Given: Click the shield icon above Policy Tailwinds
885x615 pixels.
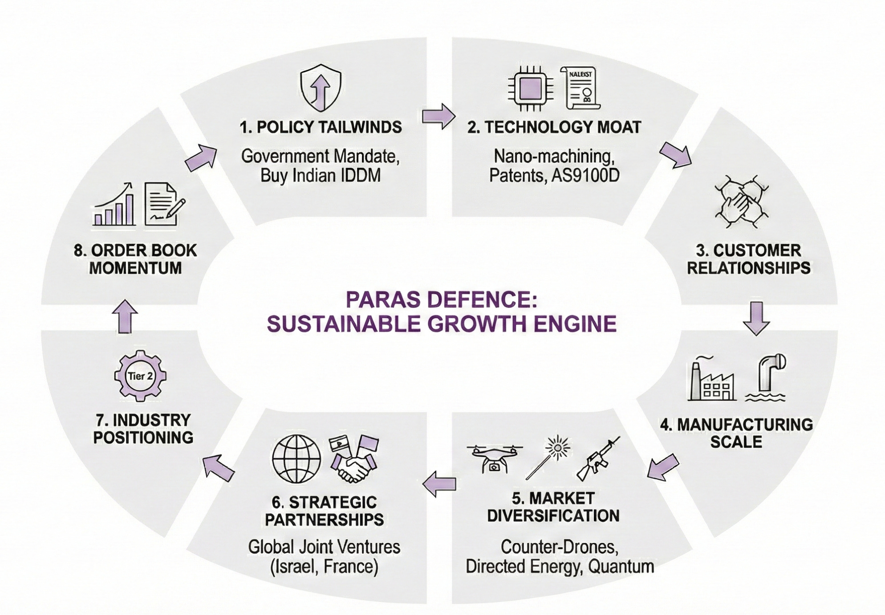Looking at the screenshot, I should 321,88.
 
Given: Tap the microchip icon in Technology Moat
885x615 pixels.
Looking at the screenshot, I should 531,88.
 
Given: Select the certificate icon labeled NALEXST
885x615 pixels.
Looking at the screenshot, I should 581,88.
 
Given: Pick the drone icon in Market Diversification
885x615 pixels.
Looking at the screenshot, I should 495,459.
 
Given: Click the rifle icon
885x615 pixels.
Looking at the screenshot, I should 598,458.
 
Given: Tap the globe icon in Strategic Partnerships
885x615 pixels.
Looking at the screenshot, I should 296,459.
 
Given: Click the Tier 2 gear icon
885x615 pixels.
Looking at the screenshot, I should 140,376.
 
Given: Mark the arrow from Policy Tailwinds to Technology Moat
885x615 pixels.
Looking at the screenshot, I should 438,116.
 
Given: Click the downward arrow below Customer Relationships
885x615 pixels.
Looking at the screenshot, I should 756,318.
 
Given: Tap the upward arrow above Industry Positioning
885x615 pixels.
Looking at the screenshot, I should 125,316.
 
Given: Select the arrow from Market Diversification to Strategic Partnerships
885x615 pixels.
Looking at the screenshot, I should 439,484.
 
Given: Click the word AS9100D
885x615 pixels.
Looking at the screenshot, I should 585,176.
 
